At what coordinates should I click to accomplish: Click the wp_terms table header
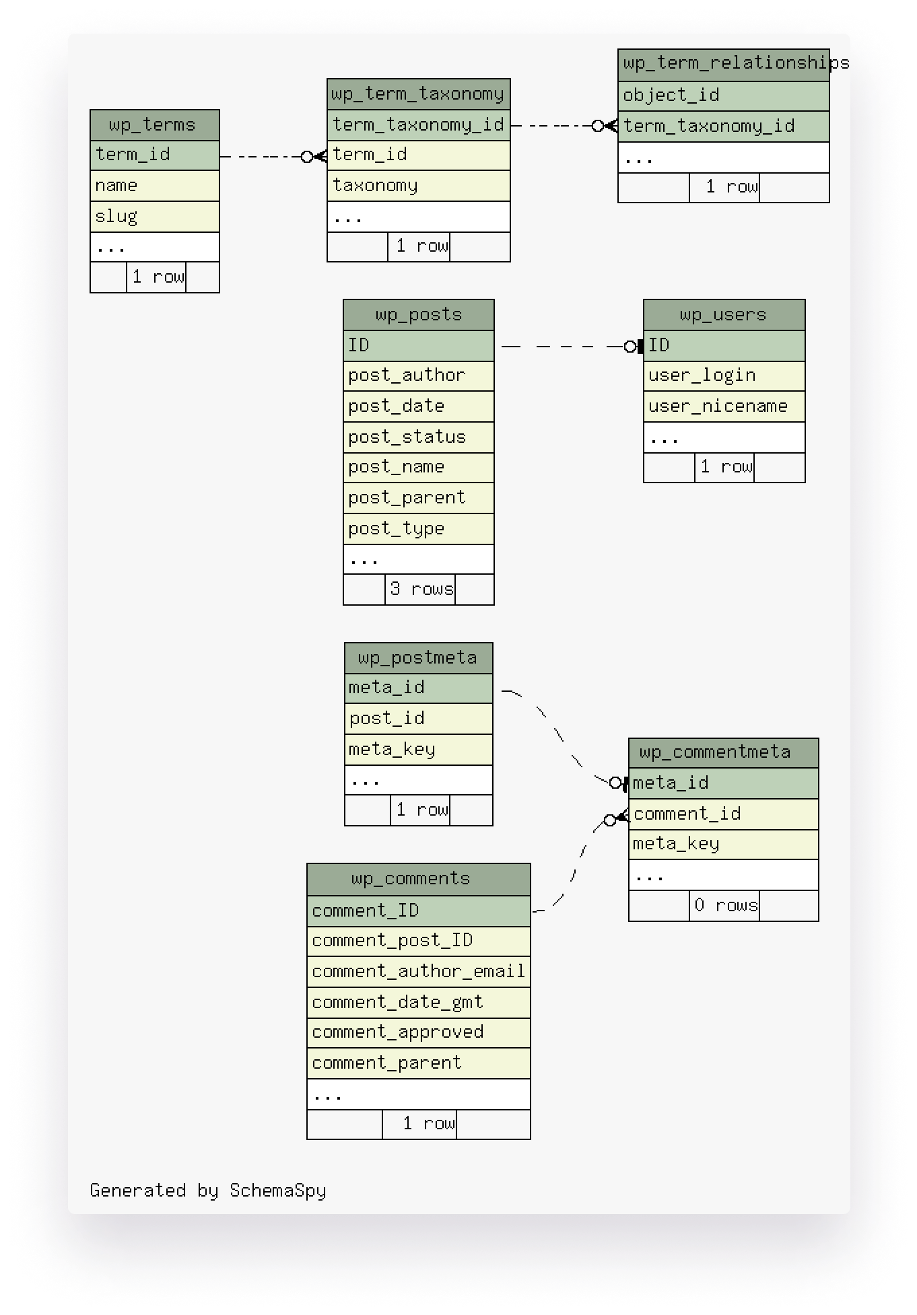point(154,125)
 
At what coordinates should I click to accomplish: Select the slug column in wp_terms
point(154,217)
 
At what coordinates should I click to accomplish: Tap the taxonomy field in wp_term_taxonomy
point(418,186)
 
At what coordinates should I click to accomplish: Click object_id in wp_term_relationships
point(723,96)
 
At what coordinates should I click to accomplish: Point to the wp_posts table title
point(418,315)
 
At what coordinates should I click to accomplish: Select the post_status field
point(418,437)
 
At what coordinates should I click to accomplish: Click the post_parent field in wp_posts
point(418,498)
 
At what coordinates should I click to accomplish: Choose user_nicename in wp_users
point(724,406)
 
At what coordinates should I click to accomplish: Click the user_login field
point(724,376)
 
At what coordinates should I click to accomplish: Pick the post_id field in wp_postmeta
point(418,719)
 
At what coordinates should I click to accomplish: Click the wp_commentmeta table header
point(723,752)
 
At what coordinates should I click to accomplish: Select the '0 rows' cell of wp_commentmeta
point(725,906)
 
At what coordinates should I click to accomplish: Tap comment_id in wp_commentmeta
point(723,814)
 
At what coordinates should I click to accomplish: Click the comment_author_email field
point(418,972)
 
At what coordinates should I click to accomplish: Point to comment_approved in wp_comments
point(418,1032)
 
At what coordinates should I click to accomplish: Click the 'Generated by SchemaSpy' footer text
point(207,1190)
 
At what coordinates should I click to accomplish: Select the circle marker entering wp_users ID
point(630,347)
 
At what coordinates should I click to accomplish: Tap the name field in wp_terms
point(154,186)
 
